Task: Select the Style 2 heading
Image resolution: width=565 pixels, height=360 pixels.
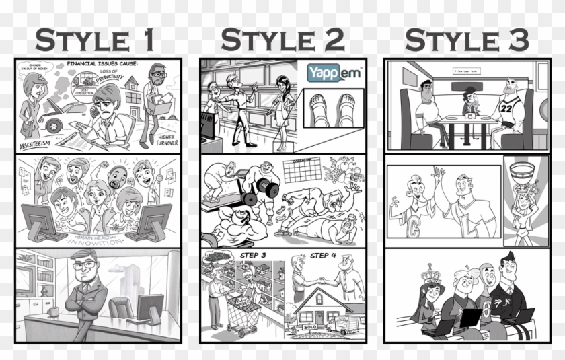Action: (282, 40)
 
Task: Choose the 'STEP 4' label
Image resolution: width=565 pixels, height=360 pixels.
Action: (324, 256)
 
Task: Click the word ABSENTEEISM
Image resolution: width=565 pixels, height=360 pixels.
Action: (41, 143)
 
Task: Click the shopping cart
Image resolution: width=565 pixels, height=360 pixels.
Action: (240, 316)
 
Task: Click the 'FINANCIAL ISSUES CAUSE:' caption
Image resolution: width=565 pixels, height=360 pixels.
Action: (102, 65)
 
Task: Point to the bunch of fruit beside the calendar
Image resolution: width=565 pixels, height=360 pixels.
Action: (342, 172)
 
